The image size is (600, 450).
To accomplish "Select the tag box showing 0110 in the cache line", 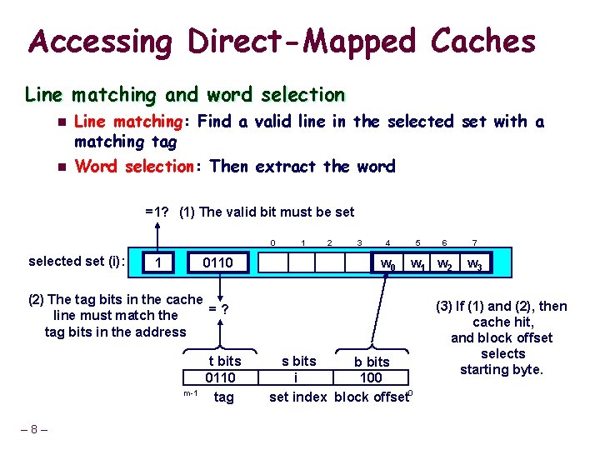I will tap(219, 263).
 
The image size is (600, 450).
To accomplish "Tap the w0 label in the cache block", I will tap(387, 264).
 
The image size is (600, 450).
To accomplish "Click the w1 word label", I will tap(417, 264).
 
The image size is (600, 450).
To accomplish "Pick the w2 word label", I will tap(446, 264).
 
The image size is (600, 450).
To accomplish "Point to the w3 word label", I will tap(474, 264).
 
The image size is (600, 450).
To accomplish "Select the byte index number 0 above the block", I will tap(272, 242).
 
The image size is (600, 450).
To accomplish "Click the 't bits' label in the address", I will tap(224, 361).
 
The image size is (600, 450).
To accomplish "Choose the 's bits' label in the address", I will tap(298, 361).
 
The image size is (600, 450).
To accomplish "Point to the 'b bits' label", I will tap(372, 362).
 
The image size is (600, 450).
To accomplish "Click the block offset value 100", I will tap(371, 378).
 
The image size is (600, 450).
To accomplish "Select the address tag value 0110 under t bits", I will tap(221, 378).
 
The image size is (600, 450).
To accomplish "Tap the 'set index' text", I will tap(297, 397).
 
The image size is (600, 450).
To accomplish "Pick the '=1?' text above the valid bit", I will tap(157, 212).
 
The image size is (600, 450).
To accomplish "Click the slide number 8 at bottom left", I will tap(33, 430).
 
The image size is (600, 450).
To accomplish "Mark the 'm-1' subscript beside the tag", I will tap(190, 392).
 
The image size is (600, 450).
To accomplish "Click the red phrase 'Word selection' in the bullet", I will tap(133, 166).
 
